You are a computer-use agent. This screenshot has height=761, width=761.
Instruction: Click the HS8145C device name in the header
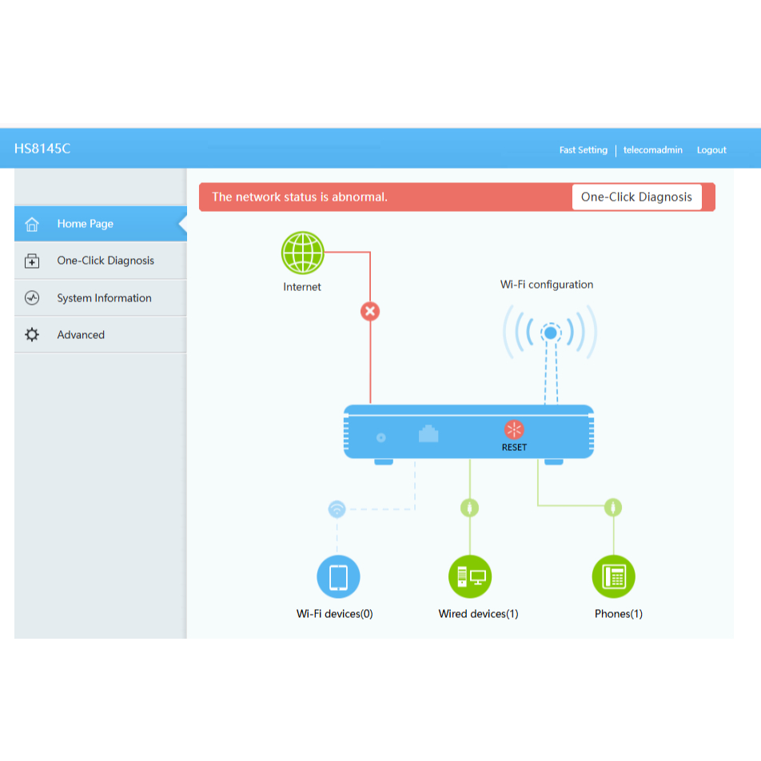(x=42, y=149)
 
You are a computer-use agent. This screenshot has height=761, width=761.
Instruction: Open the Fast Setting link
(x=583, y=149)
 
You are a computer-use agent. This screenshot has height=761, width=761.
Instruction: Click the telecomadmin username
(x=652, y=149)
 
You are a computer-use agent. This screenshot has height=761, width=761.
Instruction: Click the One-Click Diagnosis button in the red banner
(x=636, y=197)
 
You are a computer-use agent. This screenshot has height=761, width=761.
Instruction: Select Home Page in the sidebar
(x=85, y=224)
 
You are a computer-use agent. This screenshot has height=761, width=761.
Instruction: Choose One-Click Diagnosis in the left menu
(x=105, y=261)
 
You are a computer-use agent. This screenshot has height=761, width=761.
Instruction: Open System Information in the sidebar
(x=104, y=298)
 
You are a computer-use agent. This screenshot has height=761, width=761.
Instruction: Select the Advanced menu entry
(x=81, y=335)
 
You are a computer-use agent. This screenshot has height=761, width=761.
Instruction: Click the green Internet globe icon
(x=302, y=253)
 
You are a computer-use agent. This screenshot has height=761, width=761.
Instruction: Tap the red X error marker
(x=369, y=311)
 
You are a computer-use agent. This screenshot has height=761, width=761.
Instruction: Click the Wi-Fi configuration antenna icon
(x=550, y=333)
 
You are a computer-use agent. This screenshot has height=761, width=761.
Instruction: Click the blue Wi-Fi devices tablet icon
(x=338, y=576)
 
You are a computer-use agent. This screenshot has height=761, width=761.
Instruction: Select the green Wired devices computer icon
(x=470, y=576)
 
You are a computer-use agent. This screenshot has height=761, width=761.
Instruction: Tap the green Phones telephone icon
(x=613, y=576)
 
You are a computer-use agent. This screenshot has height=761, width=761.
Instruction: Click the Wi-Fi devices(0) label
(x=334, y=614)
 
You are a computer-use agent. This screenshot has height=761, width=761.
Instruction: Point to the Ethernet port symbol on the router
(x=428, y=434)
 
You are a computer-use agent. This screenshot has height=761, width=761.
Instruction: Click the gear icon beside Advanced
(x=32, y=335)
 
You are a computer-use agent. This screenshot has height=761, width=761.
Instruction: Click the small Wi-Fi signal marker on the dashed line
(x=337, y=508)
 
